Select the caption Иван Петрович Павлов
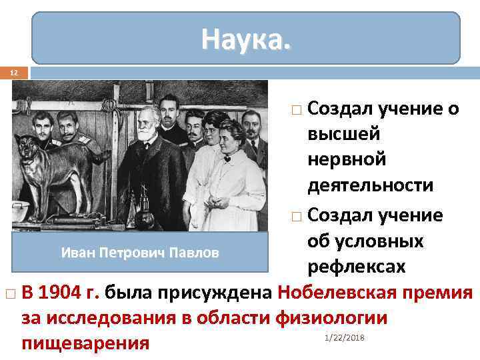[x=139, y=253]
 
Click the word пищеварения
[x=85, y=344]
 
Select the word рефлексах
[x=356, y=267]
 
